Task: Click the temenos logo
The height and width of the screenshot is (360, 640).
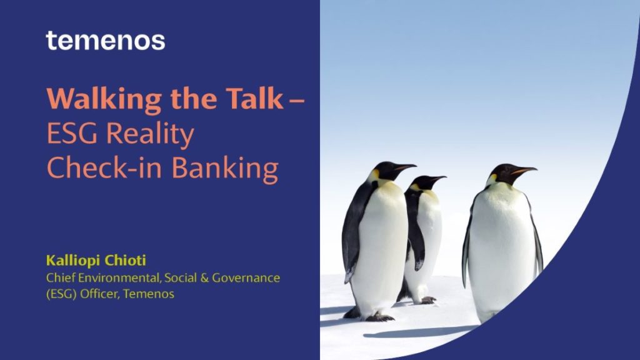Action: pyautogui.click(x=105, y=41)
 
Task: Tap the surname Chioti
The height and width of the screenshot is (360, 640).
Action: pyautogui.click(x=125, y=260)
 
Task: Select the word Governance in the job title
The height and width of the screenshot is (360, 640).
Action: pyautogui.click(x=246, y=278)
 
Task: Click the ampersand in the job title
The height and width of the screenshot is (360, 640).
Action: pyautogui.click(x=204, y=278)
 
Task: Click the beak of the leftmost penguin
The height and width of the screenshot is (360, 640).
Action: pyautogui.click(x=404, y=167)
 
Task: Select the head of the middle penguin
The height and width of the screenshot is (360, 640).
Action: pyautogui.click(x=426, y=182)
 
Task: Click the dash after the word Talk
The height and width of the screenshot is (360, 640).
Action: pyautogui.click(x=296, y=99)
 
